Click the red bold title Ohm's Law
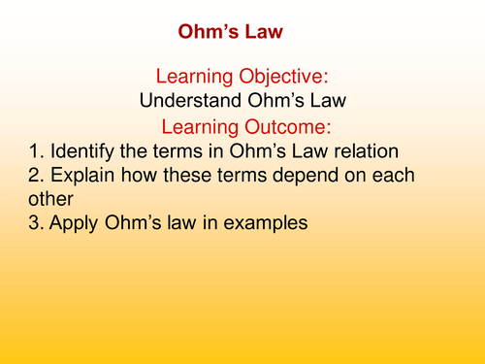(232, 33)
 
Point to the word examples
(263, 222)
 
